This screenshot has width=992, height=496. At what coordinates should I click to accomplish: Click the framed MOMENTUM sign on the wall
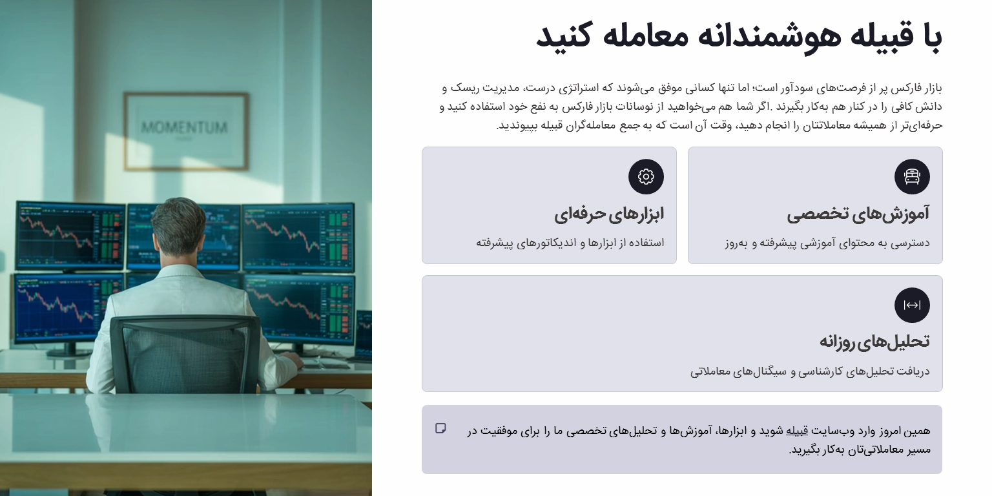click(185, 130)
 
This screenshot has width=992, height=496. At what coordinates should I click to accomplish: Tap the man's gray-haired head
click(178, 225)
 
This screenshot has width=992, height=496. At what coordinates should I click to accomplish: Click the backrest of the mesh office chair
click(185, 352)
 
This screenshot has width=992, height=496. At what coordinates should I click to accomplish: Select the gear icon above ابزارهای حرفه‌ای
click(646, 177)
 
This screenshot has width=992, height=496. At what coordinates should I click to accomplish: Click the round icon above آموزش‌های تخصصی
click(912, 177)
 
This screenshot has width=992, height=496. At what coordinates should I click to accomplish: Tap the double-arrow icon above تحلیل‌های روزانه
click(912, 305)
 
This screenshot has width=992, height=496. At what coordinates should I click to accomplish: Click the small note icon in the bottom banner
click(441, 428)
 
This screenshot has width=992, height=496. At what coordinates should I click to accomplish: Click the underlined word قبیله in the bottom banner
click(796, 431)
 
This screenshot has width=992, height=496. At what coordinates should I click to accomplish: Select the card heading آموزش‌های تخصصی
click(858, 214)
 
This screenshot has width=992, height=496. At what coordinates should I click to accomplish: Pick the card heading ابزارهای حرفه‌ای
click(608, 214)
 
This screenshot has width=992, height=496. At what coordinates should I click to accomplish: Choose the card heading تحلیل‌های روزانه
click(874, 341)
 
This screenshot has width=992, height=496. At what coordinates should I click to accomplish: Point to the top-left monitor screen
click(70, 235)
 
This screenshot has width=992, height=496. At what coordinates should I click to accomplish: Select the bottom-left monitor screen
click(67, 307)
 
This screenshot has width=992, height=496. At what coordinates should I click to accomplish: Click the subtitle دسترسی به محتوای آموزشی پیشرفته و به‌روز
click(827, 243)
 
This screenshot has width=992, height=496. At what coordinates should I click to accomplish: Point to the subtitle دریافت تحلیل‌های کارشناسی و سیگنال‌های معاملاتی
click(810, 371)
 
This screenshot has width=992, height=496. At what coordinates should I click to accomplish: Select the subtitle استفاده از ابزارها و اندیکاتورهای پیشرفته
click(570, 243)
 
